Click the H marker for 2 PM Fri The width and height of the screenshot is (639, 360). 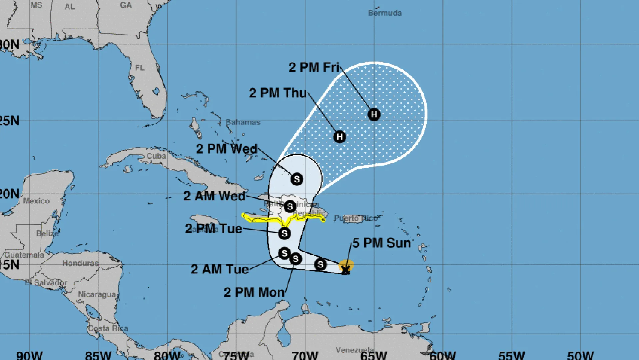tap(374, 114)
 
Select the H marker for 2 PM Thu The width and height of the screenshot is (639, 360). tap(339, 137)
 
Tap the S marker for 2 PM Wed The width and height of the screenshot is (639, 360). tap(297, 179)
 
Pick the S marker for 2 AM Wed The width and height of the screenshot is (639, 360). tap(290, 206)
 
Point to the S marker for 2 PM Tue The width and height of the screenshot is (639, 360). tap(284, 233)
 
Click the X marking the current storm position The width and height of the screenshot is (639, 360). tap(345, 270)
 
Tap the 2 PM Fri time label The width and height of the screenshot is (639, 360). tap(314, 67)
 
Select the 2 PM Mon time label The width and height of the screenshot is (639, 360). tap(254, 292)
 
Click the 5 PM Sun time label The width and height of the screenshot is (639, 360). tap(381, 243)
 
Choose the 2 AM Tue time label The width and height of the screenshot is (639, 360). tap(220, 269)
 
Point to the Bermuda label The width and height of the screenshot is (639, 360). tap(385, 13)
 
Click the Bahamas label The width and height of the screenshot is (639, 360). tap(243, 122)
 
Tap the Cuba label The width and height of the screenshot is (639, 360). tap(156, 156)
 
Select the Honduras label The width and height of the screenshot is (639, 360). tap(81, 263)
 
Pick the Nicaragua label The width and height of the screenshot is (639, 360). tap(97, 294)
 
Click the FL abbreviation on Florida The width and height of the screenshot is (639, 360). tap(140, 68)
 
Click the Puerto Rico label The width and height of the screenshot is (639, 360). tap(356, 218)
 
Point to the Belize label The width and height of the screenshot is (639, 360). tap(47, 233)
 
